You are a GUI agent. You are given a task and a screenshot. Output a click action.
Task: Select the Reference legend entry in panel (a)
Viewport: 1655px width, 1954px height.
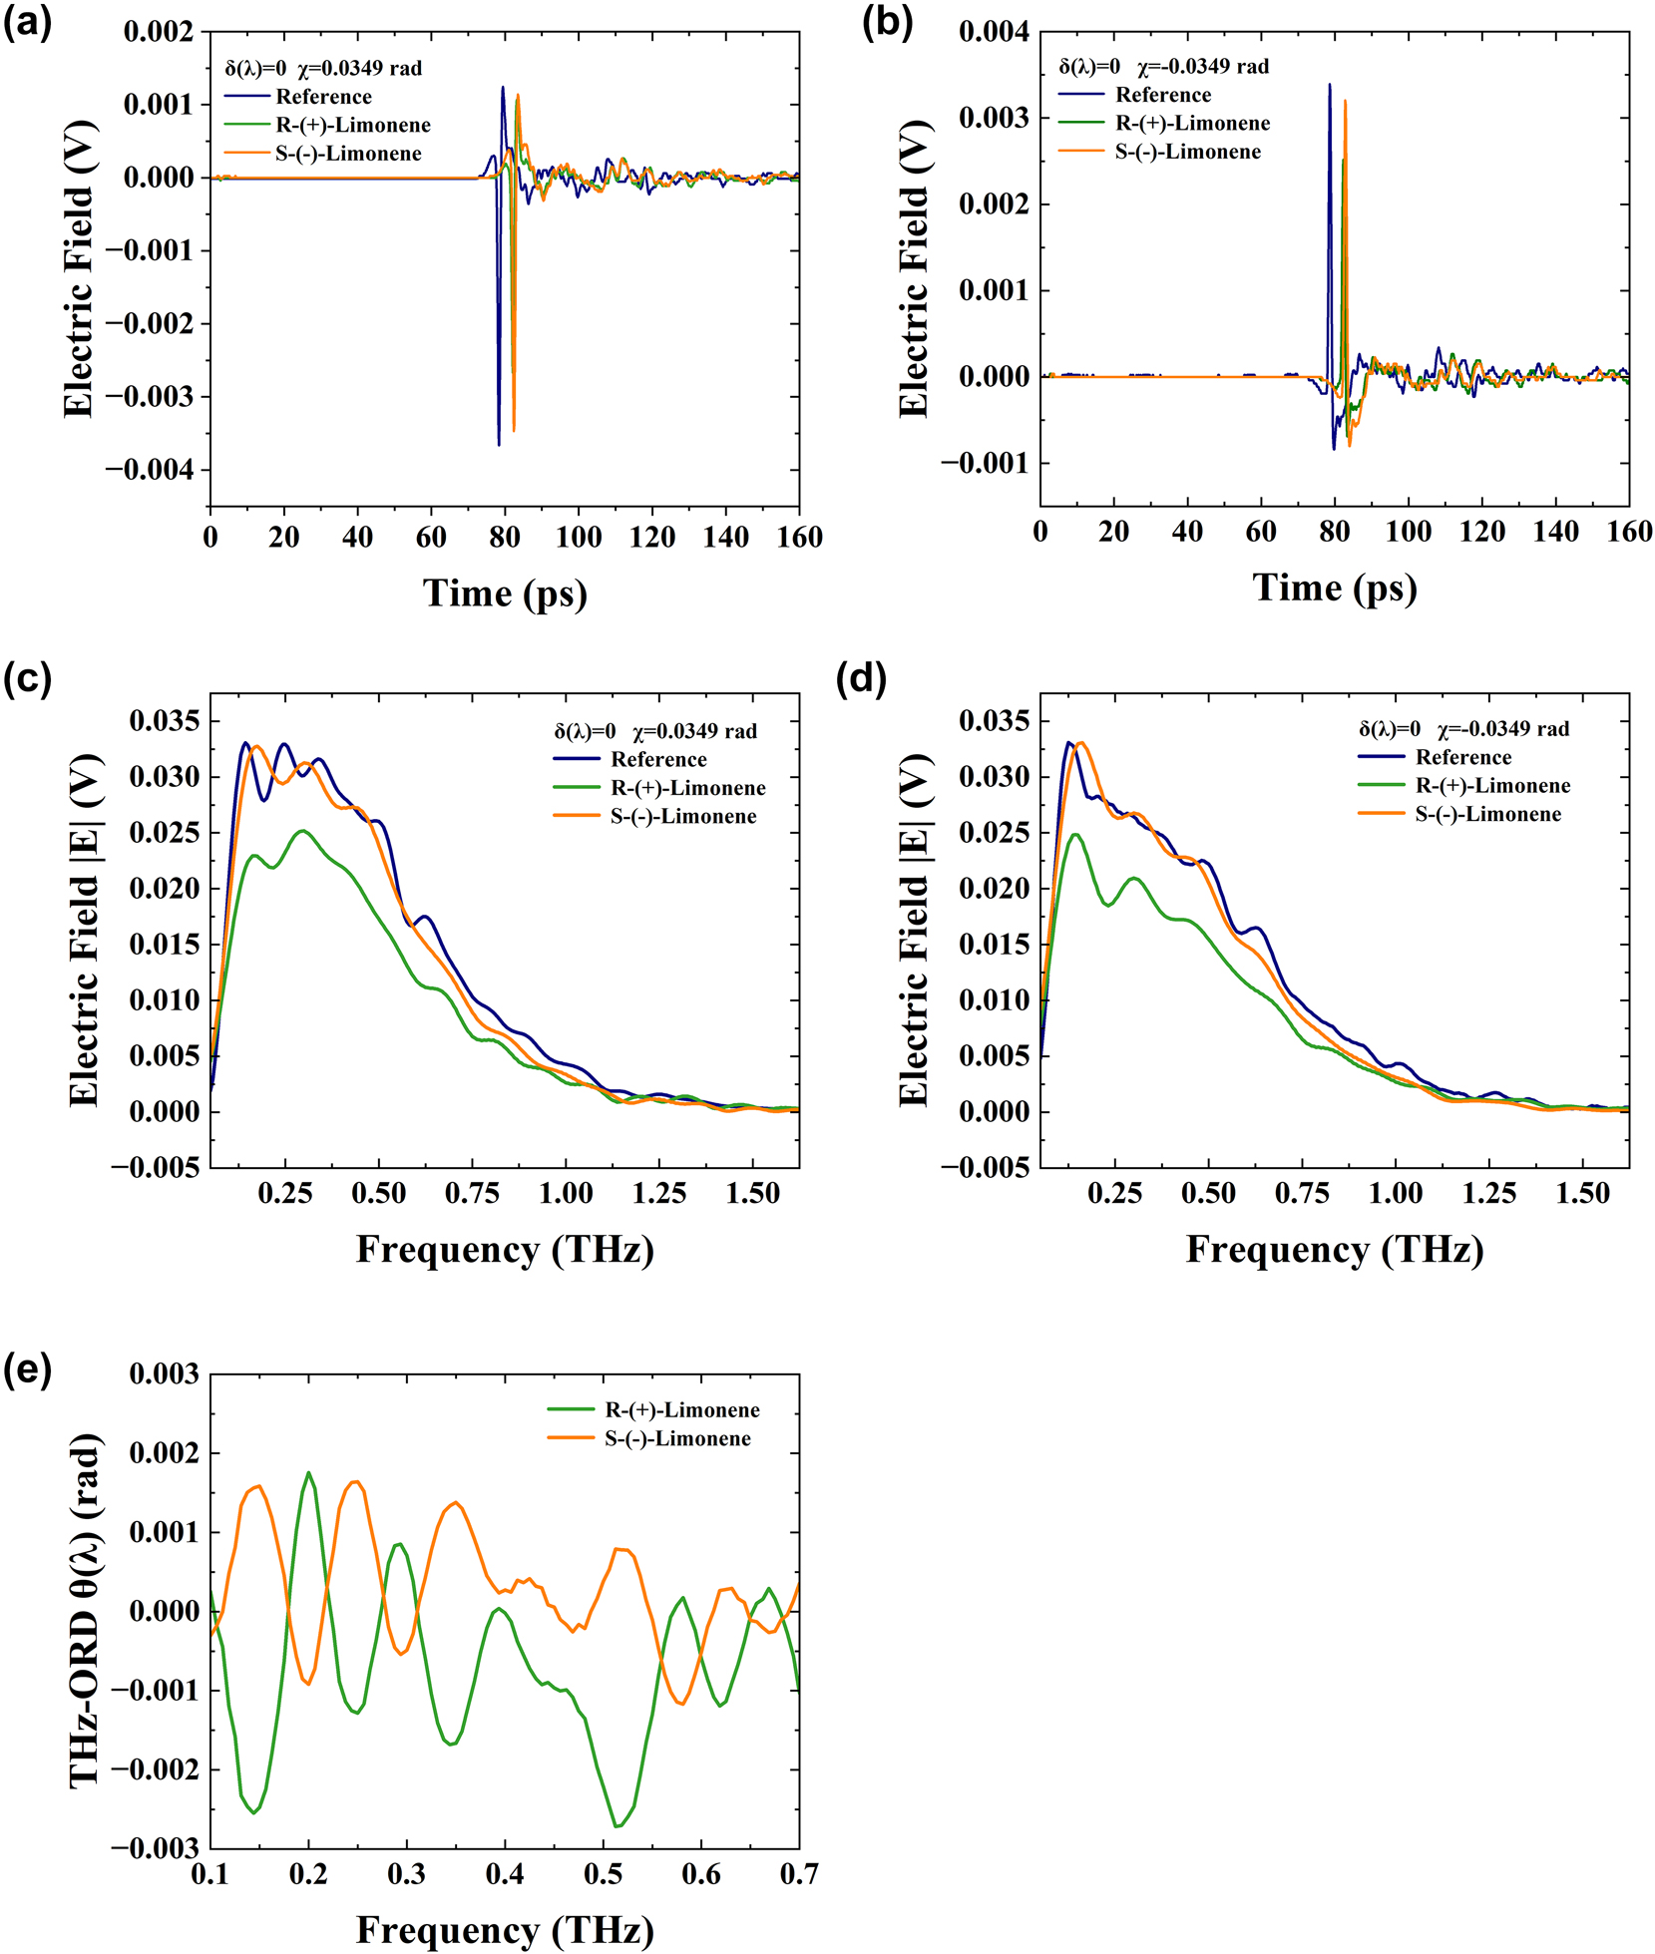point(322,97)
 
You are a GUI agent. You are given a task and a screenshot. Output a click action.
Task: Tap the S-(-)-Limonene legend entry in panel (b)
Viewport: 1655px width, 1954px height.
point(1187,152)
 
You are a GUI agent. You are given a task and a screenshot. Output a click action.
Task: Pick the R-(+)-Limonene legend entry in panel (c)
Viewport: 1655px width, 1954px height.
point(687,788)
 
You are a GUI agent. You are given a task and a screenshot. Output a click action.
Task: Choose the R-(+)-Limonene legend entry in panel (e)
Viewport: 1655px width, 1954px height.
point(681,1409)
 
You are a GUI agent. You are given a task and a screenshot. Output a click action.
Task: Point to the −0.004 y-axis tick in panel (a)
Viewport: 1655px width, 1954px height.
point(158,470)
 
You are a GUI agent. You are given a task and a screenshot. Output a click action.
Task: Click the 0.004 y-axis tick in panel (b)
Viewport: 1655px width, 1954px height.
point(993,32)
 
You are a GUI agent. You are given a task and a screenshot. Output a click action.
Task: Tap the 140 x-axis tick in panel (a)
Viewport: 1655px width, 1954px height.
point(725,538)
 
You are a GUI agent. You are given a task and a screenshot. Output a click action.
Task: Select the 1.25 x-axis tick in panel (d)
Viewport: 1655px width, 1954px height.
point(1488,1193)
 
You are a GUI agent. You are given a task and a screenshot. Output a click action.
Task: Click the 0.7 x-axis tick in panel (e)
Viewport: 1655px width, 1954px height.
point(798,1874)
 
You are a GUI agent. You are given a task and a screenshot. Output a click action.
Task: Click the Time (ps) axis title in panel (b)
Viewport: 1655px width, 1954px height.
point(1334,587)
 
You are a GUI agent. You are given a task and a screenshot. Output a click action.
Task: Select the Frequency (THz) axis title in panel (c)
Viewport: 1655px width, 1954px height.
point(505,1250)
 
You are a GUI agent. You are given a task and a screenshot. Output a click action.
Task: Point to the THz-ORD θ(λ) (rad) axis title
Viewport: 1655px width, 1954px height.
point(86,1610)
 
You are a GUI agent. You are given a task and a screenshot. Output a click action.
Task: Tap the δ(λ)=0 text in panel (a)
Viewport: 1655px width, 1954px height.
point(255,69)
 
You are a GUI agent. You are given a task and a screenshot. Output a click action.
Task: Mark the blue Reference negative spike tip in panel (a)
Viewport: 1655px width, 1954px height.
point(499,445)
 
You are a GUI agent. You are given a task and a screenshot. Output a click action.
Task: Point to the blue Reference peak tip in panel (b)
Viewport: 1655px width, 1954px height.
point(1329,85)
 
